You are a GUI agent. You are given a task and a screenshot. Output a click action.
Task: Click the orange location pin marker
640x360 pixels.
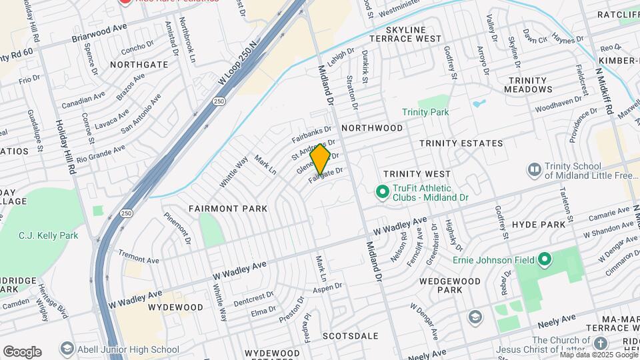(x=321, y=159)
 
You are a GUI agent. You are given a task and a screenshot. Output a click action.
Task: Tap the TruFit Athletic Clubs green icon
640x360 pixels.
(x=383, y=193)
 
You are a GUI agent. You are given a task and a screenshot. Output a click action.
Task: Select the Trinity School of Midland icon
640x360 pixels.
(x=533, y=170)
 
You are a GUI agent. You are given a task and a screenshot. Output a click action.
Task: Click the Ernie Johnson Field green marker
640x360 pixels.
(x=545, y=259)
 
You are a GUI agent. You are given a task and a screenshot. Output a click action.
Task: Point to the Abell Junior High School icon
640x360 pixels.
(x=66, y=349)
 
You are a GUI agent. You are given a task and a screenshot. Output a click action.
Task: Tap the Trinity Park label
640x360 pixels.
(x=425, y=112)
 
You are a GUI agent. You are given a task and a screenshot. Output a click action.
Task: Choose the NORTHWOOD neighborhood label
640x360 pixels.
(x=372, y=127)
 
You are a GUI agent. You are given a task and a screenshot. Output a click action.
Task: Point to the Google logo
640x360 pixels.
(x=22, y=351)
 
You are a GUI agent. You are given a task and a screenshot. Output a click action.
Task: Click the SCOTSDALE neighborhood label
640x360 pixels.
(x=350, y=336)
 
